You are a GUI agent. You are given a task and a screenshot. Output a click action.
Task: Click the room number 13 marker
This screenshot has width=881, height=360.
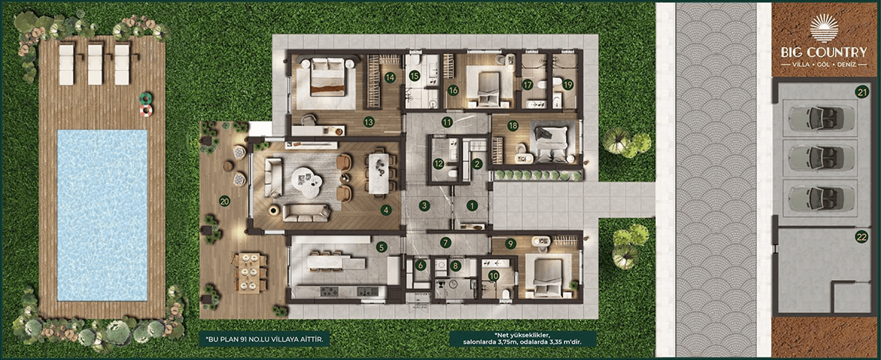368,122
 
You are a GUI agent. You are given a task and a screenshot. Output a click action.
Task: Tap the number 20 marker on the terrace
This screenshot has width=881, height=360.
225,201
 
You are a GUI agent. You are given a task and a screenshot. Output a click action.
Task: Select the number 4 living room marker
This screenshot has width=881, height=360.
386,210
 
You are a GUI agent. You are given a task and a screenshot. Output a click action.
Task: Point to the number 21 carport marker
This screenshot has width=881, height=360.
862,92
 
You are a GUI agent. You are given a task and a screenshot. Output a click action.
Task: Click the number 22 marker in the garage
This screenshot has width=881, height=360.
862,237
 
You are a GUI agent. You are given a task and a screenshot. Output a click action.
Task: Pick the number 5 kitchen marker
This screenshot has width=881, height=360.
381,247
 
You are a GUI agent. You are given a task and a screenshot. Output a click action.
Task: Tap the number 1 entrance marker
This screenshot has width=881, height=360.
472,205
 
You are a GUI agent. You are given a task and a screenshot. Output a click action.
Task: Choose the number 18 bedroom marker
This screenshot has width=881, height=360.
513,126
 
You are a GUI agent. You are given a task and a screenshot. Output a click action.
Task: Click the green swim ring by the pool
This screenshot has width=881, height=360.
146,97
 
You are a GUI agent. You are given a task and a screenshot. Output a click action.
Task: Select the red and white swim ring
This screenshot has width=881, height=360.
146,111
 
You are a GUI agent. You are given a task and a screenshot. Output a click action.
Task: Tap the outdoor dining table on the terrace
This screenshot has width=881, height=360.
250,273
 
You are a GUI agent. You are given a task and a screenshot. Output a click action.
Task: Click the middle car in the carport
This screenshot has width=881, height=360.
820,157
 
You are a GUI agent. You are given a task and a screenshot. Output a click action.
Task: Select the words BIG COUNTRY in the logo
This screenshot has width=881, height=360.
824,52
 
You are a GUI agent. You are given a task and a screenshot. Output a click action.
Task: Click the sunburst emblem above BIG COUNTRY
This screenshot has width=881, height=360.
824,28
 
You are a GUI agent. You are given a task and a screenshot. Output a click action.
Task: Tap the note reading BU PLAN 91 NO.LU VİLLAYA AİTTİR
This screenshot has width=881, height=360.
264,339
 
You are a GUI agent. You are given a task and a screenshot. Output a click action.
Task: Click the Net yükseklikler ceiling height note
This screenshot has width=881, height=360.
523,339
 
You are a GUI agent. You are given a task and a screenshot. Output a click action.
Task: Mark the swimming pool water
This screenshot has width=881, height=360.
102,215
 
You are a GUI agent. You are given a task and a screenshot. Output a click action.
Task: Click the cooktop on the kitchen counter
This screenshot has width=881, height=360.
329,291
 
